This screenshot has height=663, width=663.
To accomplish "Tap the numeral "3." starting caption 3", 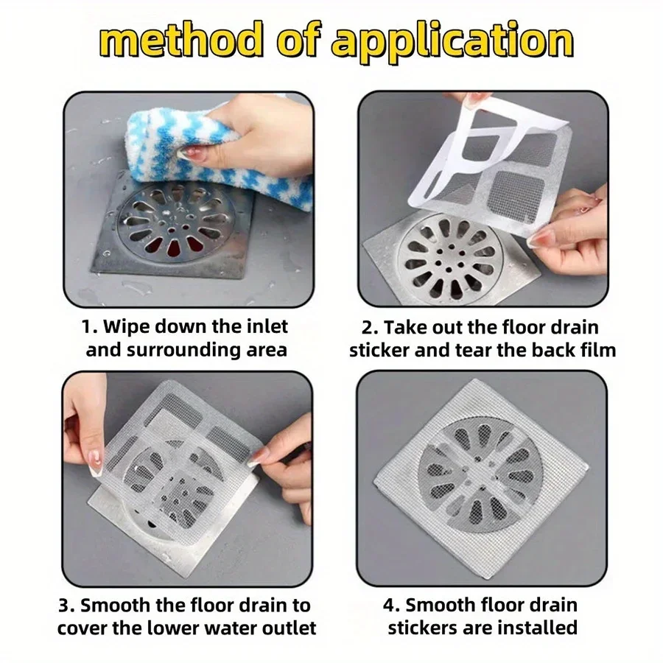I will (66, 606).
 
